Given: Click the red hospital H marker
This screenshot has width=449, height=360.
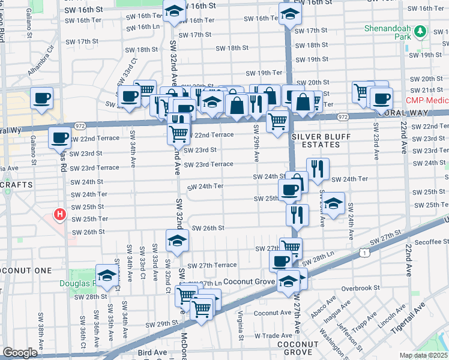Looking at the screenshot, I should [59, 214].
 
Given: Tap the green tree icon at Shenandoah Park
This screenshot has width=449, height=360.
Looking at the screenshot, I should [421, 31].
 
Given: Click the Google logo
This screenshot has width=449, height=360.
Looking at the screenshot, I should [20, 353].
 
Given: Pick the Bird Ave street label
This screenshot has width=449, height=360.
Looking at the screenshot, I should [151, 353].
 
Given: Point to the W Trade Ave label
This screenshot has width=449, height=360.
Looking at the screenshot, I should [273, 335].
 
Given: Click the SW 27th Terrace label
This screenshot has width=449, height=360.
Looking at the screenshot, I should [212, 265].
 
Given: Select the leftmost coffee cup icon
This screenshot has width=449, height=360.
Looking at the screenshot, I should [41, 98].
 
